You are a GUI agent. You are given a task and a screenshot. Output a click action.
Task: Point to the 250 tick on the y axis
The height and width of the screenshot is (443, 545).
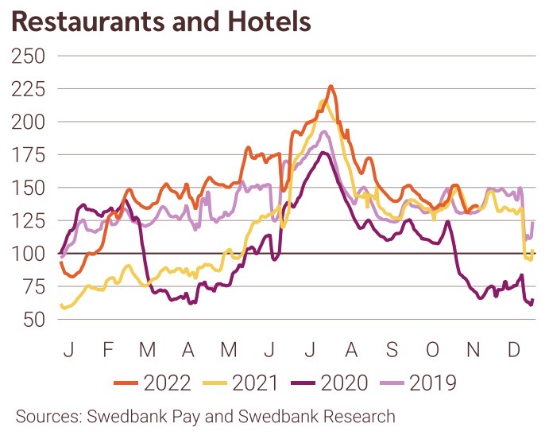(28, 56)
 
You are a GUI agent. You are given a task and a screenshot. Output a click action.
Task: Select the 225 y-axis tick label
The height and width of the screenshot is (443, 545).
(28, 89)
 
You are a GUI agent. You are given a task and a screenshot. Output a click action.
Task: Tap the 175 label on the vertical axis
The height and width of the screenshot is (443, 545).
(28, 155)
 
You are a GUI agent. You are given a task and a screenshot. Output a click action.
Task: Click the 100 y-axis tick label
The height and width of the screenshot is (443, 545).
(28, 254)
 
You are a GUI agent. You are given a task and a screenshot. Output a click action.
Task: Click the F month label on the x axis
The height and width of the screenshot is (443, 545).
(109, 349)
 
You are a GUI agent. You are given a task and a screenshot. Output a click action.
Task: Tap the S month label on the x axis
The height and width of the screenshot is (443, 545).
(391, 349)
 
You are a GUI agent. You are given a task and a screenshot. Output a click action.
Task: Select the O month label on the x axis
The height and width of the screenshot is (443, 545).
(432, 349)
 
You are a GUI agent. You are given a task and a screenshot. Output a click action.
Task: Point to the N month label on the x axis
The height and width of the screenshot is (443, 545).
(473, 349)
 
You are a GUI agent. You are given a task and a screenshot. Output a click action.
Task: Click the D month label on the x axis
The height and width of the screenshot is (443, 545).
(513, 349)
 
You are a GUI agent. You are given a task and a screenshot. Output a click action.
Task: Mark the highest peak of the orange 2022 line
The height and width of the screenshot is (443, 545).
(330, 86)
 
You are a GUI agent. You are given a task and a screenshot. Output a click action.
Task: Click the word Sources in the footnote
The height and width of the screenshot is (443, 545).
(47, 416)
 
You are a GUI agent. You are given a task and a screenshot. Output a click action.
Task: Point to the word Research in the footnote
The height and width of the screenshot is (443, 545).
(358, 416)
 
